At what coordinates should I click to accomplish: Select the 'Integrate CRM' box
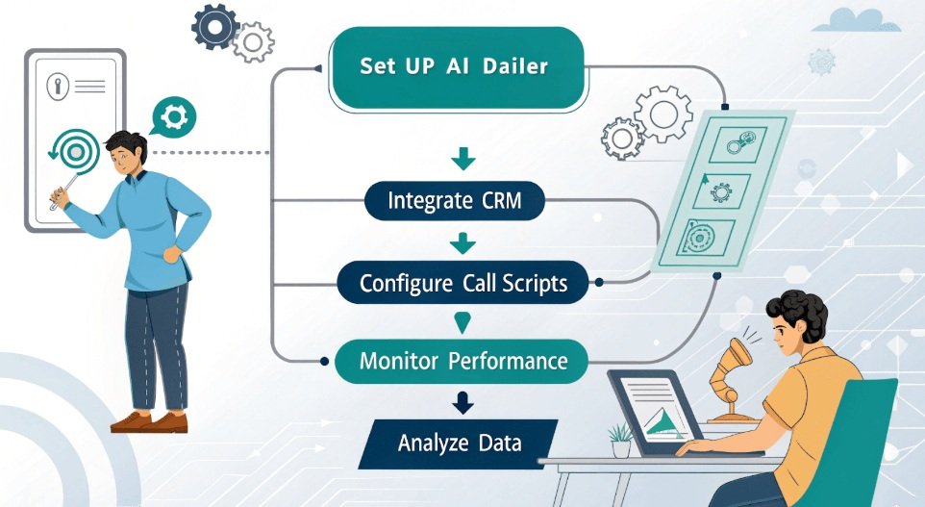coord(454,201)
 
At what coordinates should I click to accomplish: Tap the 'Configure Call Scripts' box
coord(463,283)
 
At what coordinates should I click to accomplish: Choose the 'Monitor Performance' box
coord(462,361)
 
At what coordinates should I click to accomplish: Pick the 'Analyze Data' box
coord(459,444)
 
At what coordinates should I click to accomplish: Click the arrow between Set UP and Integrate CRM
coord(463,159)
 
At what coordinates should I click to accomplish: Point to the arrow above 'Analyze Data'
coord(463,402)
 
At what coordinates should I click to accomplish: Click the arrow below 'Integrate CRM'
coord(462,243)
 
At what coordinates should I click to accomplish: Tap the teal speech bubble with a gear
coord(173,117)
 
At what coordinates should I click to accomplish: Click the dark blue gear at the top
coord(215,27)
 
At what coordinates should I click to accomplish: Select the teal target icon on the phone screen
coord(76,152)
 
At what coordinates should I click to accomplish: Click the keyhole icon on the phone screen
coord(58,87)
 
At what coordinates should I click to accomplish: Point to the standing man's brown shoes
coord(149,422)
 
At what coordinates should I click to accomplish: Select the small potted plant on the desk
coord(620,441)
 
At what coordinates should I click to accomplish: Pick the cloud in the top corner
coord(857,21)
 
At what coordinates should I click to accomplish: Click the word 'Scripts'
coord(535,284)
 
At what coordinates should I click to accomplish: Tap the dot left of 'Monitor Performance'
coord(324,361)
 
